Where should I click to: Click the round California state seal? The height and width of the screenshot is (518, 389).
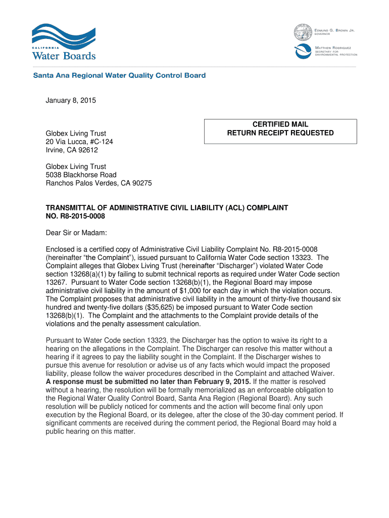[x=303, y=33]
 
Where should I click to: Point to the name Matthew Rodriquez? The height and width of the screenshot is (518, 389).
[x=335, y=47]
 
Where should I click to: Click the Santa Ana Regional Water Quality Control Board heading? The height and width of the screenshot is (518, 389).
[x=119, y=75]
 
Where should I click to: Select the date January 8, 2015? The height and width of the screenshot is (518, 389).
[x=71, y=101]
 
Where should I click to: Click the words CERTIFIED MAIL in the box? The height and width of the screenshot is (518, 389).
[x=280, y=124]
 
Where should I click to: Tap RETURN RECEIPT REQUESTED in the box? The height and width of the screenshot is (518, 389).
[x=280, y=133]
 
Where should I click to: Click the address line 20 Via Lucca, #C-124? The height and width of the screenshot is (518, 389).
[x=79, y=142]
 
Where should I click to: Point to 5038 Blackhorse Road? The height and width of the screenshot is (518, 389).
[x=81, y=175]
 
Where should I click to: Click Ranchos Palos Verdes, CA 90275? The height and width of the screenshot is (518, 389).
[x=99, y=183]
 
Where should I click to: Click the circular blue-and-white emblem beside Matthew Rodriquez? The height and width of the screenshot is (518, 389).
[x=304, y=51]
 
